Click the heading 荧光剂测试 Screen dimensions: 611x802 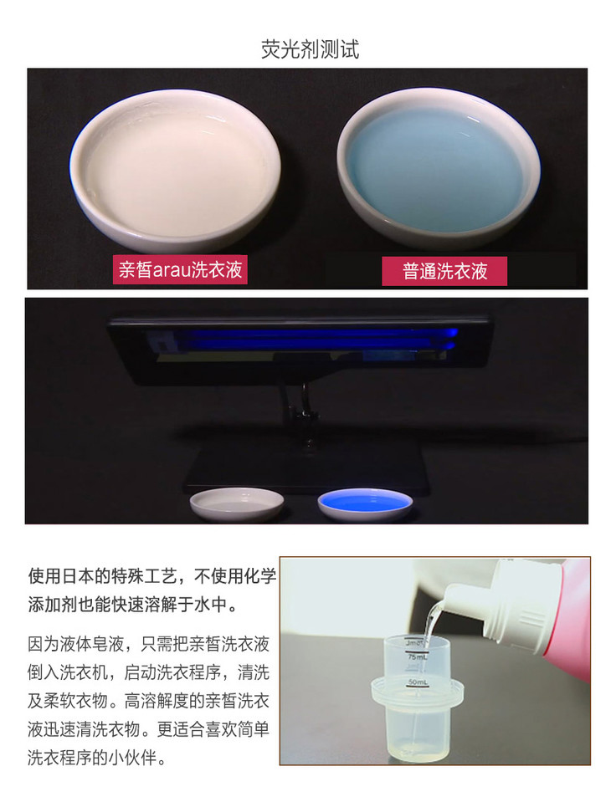pos(310,49)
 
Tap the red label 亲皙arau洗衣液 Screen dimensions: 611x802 pos(180,269)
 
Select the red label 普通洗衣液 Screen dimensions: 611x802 pos(444,271)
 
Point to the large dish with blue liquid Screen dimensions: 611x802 pos(439,166)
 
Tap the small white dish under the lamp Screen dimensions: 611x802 pos(237,503)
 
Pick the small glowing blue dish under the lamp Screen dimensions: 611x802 pos(365,503)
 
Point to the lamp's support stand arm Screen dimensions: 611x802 pos(304,412)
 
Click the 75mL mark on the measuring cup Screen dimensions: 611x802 pos(417,656)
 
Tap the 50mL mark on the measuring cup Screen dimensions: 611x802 pos(417,682)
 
